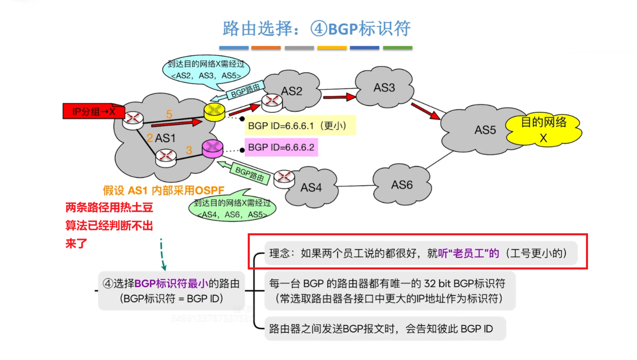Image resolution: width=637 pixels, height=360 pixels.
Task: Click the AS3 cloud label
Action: pyautogui.click(x=384, y=88)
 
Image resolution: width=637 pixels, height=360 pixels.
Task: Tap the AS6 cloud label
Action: pyautogui.click(x=402, y=185)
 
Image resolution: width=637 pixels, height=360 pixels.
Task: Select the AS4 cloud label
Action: pyautogui.click(x=311, y=188)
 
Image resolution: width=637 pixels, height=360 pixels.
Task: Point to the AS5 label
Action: pyautogui.click(x=485, y=130)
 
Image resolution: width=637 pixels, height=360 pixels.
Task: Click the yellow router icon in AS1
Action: pyautogui.click(x=214, y=111)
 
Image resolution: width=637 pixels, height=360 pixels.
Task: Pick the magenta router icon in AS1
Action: pyautogui.click(x=212, y=149)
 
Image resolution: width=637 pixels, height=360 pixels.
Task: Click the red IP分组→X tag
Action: pyautogui.click(x=93, y=111)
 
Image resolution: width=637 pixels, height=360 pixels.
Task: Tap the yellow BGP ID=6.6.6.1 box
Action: pyautogui.click(x=300, y=125)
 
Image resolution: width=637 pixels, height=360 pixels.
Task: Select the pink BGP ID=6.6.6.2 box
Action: pyautogui.click(x=281, y=147)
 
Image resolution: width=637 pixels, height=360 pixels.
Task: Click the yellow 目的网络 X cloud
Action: pyautogui.click(x=543, y=129)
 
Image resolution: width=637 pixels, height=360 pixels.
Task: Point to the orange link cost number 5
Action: pyautogui.click(x=169, y=114)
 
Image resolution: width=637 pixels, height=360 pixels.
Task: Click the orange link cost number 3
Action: pyautogui.click(x=189, y=150)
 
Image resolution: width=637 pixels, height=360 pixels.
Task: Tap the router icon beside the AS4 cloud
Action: pyautogui.click(x=284, y=179)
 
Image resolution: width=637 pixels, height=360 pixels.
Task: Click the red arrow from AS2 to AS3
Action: pyautogui.click(x=339, y=98)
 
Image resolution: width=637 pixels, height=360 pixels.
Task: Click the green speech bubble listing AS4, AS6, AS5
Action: pyautogui.click(x=232, y=208)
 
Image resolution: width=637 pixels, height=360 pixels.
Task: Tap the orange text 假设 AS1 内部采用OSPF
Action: pyautogui.click(x=163, y=190)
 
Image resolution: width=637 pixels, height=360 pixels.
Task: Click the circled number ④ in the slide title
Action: pyautogui.click(x=318, y=29)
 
